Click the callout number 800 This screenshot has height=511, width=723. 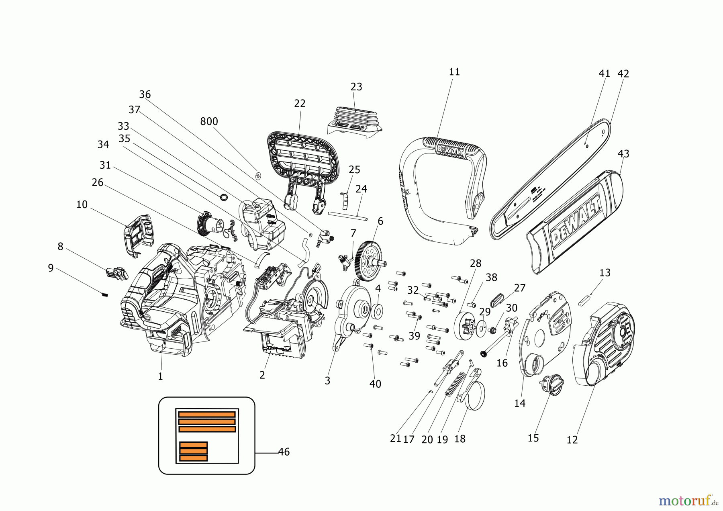pyautogui.click(x=209, y=121)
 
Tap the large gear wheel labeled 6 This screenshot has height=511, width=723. pyautogui.click(x=368, y=261)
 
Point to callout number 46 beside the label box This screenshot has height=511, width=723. pyautogui.click(x=284, y=452)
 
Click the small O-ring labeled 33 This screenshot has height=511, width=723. pyautogui.click(x=224, y=197)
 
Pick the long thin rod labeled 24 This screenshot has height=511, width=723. pyautogui.click(x=347, y=216)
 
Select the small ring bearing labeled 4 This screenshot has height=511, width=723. pyautogui.click(x=378, y=311)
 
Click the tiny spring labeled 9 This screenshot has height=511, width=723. pyautogui.click(x=105, y=294)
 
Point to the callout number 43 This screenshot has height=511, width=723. pyautogui.click(x=623, y=154)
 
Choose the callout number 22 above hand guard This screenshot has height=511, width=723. pyautogui.click(x=300, y=104)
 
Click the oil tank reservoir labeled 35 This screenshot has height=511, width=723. pyautogui.click(x=263, y=223)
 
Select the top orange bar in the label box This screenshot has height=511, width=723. pyautogui.click(x=207, y=414)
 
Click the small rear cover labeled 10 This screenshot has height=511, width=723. pyautogui.click(x=139, y=235)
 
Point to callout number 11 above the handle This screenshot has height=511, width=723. pyautogui.click(x=454, y=72)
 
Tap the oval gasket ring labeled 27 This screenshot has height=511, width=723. pyautogui.click(x=497, y=300)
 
